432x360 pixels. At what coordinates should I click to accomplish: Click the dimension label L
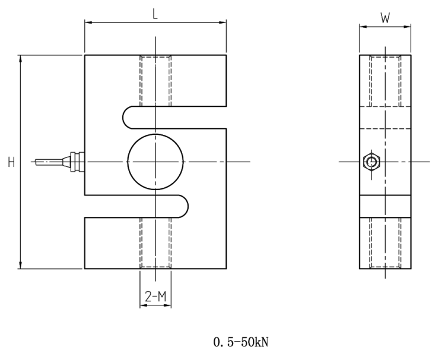[155, 14]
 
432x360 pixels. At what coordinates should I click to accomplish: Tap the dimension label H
[11, 162]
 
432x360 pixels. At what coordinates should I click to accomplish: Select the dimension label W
[385, 18]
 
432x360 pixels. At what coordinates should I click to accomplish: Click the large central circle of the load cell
[155, 162]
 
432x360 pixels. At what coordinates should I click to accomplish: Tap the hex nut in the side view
[371, 162]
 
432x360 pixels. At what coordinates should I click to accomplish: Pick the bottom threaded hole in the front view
[155, 243]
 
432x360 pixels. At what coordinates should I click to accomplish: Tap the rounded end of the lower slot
[183, 206]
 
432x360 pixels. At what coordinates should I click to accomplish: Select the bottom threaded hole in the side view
[385, 243]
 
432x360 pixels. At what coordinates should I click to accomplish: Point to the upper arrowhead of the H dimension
[21, 59]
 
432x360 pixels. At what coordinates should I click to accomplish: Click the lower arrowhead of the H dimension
[21, 265]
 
